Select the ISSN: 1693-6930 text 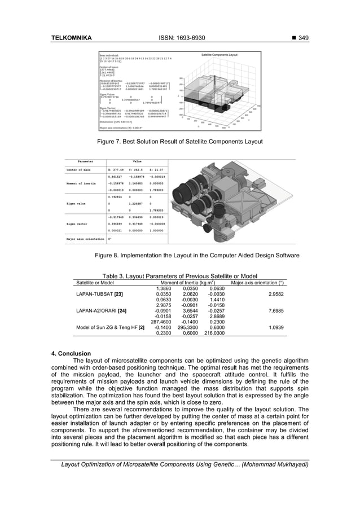pyautogui.click(x=179, y=38)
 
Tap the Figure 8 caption pyautogui.click(x=197, y=256)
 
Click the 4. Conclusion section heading pyautogui.click(x=71, y=354)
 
